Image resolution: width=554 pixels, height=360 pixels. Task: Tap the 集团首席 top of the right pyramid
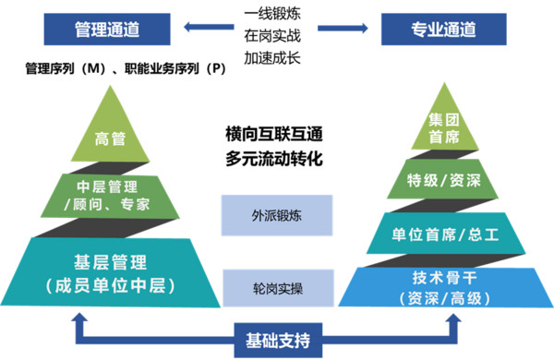click(x=444, y=127)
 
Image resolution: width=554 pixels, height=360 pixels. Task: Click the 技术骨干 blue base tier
click(x=444, y=286)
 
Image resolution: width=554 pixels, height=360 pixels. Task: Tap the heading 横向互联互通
click(x=276, y=134)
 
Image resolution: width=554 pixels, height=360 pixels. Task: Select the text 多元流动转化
click(x=276, y=156)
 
